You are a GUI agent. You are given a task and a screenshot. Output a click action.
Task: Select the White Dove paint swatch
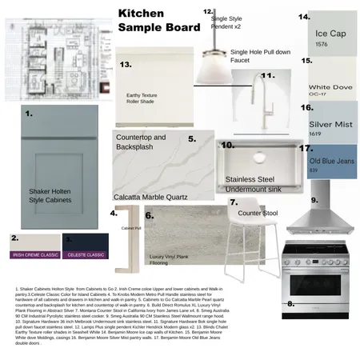click(x=334, y=80)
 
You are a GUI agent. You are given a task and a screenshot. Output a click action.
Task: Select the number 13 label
click(x=125, y=64)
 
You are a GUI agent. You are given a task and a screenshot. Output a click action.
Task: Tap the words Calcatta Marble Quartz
click(x=150, y=195)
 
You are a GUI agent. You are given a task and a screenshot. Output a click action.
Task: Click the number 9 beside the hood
click(x=314, y=200)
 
